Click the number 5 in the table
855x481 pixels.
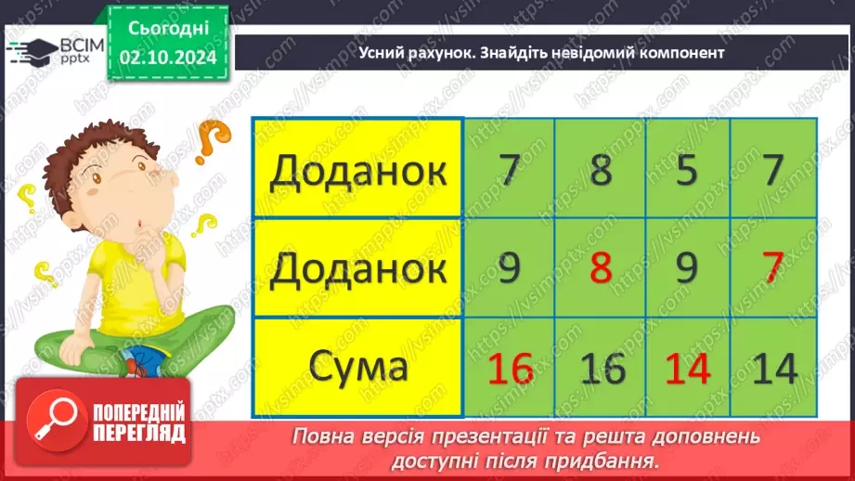pos(686,171)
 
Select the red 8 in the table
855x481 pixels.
pos(602,269)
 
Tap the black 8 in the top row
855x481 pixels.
pos(602,171)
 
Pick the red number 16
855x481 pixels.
pos(510,369)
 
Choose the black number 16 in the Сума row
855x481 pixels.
pos(602,369)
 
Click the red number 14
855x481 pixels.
pos(686,369)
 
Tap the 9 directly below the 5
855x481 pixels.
pos(686,269)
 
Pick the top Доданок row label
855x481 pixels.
pos(357,171)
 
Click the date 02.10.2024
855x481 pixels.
pos(167,58)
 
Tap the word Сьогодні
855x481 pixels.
pos(167,30)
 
